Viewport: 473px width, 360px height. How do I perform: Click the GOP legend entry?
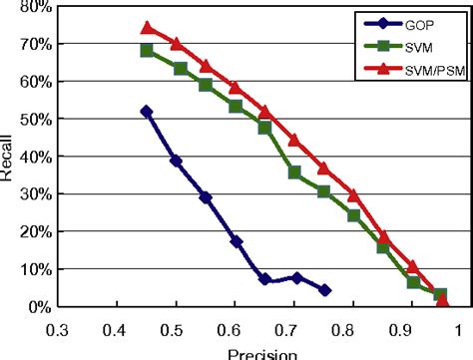(x=412, y=21)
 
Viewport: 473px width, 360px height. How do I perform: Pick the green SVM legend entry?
(x=412, y=47)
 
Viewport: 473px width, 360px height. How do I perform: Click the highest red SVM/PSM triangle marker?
(x=148, y=28)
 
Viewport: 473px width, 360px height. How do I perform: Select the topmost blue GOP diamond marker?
(x=148, y=112)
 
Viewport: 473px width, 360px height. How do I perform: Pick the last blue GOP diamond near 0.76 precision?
(x=325, y=290)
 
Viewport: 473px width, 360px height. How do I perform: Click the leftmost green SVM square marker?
(x=148, y=50)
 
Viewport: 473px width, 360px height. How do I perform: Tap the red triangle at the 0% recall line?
(x=443, y=301)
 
